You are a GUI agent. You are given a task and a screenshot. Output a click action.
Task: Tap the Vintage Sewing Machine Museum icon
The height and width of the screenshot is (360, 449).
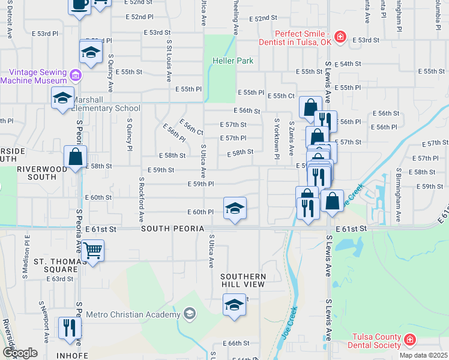click(75, 76)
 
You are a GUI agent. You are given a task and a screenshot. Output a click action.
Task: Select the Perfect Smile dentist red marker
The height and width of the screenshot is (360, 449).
click(340, 37)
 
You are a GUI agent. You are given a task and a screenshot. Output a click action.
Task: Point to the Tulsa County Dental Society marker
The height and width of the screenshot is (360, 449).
click(409, 340)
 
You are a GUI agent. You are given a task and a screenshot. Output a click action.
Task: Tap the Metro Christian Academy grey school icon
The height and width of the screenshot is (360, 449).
click(190, 314)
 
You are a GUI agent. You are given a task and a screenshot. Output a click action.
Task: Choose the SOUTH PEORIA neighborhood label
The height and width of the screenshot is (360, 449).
click(172, 229)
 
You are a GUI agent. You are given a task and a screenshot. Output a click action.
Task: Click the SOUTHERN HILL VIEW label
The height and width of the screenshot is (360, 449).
click(243, 280)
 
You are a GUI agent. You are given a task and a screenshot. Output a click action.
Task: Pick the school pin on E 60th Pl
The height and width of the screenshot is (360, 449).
click(235, 208)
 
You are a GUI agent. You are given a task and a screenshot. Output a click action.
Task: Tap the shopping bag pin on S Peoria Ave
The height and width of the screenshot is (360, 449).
click(76, 157)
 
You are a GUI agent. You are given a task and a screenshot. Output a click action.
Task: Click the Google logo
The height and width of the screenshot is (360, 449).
click(20, 353)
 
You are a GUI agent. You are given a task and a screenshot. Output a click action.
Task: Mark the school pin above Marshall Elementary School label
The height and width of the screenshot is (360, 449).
click(63, 99)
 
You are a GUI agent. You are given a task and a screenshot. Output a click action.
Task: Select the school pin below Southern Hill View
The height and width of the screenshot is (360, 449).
click(235, 305)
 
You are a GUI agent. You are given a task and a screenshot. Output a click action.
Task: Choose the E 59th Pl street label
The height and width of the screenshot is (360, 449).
click(200, 184)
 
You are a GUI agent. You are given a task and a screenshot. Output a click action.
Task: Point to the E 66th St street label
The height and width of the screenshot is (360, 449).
click(238, 343)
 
